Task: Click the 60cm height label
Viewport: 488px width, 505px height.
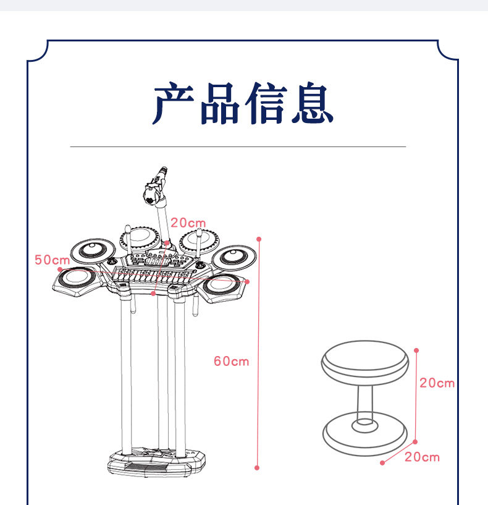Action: click(x=231, y=361)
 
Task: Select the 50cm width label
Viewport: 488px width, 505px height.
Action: click(x=52, y=260)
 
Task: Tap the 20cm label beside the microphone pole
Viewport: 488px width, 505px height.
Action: click(x=188, y=223)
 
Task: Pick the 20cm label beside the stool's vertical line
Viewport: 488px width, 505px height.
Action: click(x=437, y=383)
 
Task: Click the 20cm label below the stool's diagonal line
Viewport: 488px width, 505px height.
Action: click(x=422, y=457)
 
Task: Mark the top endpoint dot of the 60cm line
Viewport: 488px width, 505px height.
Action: click(x=259, y=239)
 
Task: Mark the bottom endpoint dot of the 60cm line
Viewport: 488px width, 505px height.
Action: click(x=258, y=467)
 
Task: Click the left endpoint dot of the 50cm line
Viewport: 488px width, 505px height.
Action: click(x=59, y=269)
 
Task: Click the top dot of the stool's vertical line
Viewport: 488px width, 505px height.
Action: click(x=417, y=349)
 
